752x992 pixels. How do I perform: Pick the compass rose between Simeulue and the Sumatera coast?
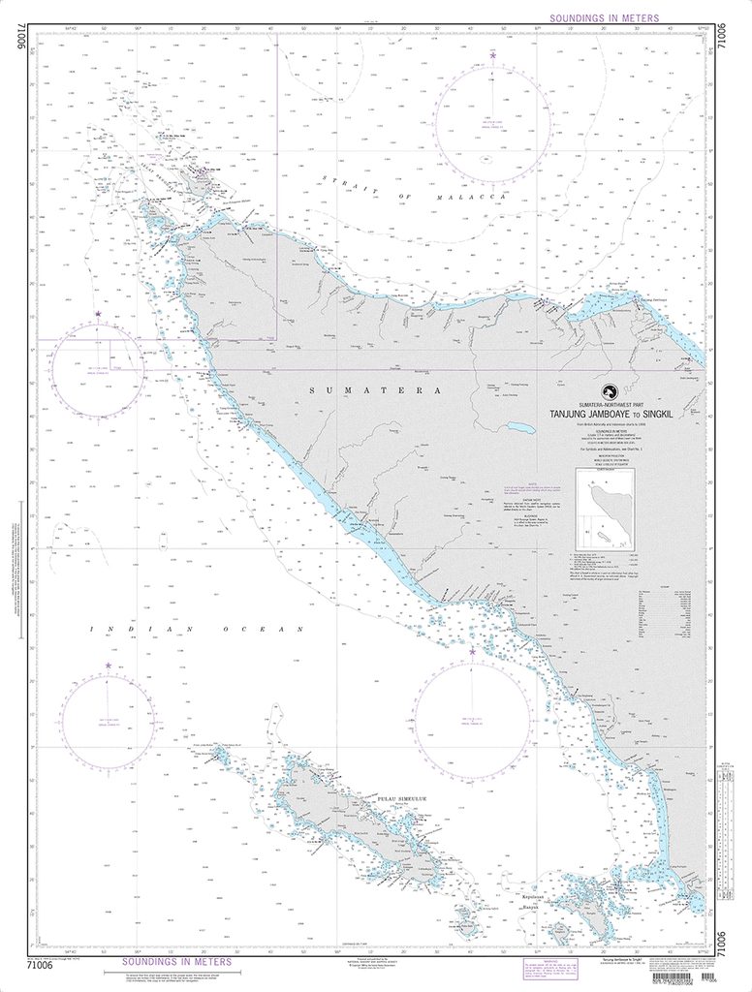coord(472,718)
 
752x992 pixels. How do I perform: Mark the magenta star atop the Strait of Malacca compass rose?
coord(493,56)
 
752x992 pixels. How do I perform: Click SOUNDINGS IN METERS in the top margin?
coord(603,18)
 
